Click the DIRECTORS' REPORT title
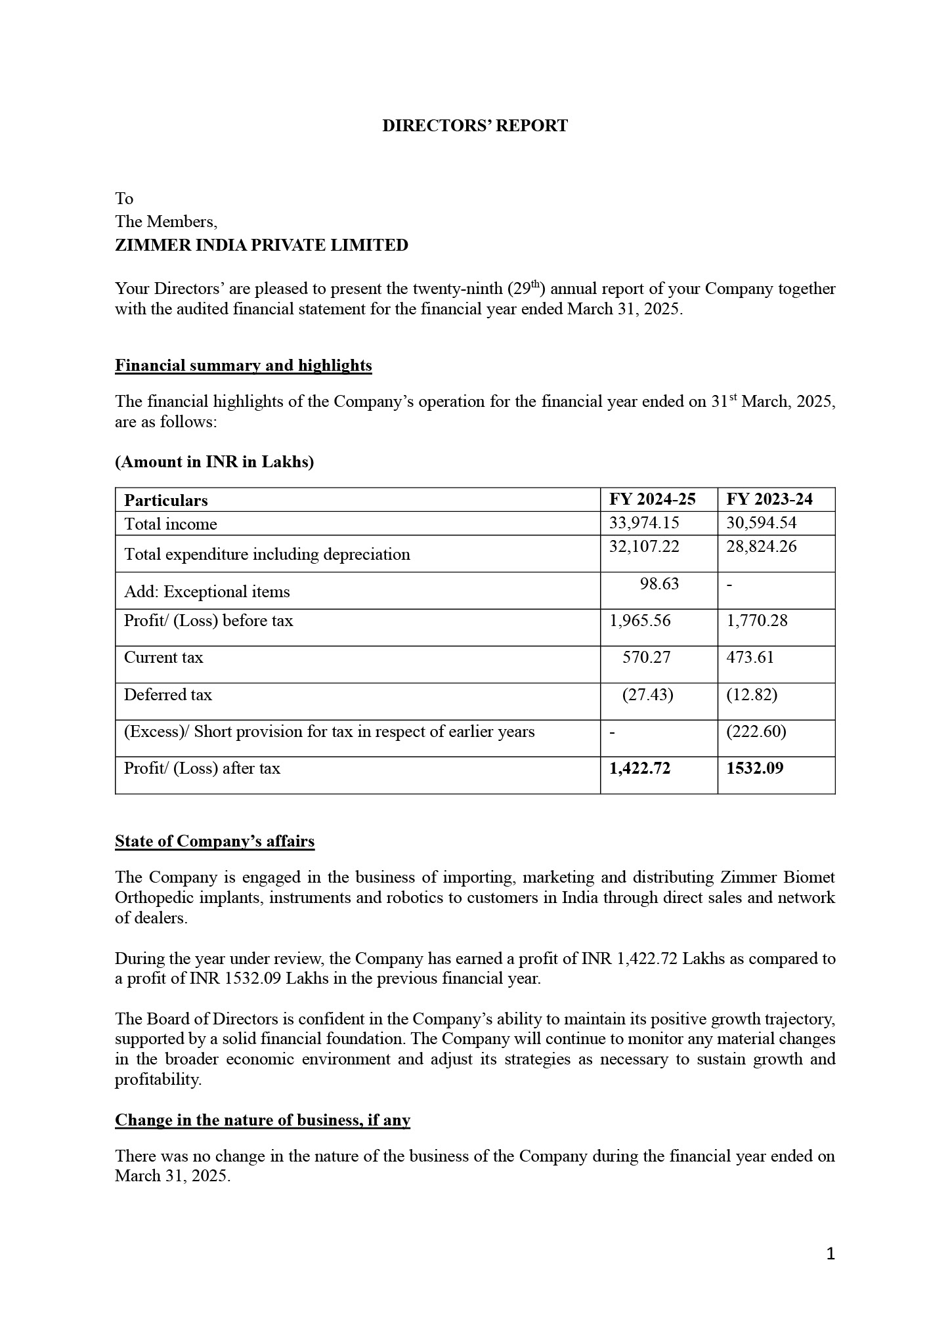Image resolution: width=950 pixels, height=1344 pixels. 475,126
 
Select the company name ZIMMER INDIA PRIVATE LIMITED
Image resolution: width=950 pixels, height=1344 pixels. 261,245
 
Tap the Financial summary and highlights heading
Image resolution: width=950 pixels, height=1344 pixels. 243,366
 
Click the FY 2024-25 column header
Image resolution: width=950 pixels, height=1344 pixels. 652,499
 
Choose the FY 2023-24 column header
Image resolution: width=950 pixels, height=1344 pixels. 769,499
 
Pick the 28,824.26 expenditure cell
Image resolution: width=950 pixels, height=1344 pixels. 761,547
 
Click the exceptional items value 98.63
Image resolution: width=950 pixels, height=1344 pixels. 659,584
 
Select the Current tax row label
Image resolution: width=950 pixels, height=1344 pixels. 163,658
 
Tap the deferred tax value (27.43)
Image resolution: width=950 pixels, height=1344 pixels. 647,695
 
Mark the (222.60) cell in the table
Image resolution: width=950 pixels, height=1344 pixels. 756,732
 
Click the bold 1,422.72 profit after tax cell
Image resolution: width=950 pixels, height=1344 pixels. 639,768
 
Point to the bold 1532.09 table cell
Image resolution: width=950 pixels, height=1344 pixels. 754,768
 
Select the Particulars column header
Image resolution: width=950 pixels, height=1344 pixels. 166,501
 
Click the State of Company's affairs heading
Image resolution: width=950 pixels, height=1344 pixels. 215,841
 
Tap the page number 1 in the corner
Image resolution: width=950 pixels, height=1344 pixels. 830,1255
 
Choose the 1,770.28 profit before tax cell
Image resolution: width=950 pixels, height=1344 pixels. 756,621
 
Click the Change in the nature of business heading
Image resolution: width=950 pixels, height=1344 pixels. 263,1120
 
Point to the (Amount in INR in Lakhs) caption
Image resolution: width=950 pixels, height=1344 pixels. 214,462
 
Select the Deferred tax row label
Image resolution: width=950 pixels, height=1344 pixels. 168,695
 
